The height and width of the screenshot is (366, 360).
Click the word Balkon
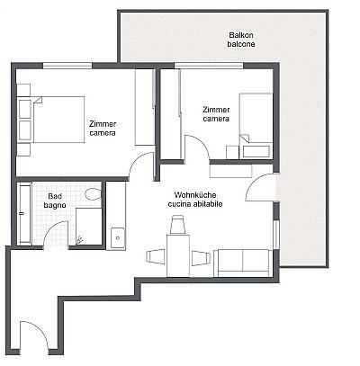click(x=241, y=35)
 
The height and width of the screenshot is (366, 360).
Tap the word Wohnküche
click(x=195, y=195)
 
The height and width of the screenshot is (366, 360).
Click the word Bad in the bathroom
click(x=55, y=196)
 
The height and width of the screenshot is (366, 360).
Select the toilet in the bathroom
click(x=94, y=194)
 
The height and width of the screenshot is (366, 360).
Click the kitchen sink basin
click(x=118, y=238)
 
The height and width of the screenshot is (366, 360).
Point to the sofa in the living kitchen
click(x=243, y=263)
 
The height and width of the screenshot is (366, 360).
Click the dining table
click(x=178, y=255)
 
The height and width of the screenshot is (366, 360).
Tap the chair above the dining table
click(x=178, y=225)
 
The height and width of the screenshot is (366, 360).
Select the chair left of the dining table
click(x=156, y=257)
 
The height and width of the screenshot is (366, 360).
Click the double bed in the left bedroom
click(x=58, y=120)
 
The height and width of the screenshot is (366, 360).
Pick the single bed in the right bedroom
click(x=256, y=125)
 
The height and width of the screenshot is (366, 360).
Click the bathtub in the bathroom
click(x=24, y=213)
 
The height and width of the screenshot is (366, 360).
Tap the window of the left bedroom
click(x=67, y=66)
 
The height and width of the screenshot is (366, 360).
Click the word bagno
click(x=55, y=205)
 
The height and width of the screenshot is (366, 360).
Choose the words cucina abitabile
click(x=195, y=204)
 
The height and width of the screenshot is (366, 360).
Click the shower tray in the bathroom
click(x=89, y=227)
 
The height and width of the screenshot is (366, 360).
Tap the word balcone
click(x=241, y=44)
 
